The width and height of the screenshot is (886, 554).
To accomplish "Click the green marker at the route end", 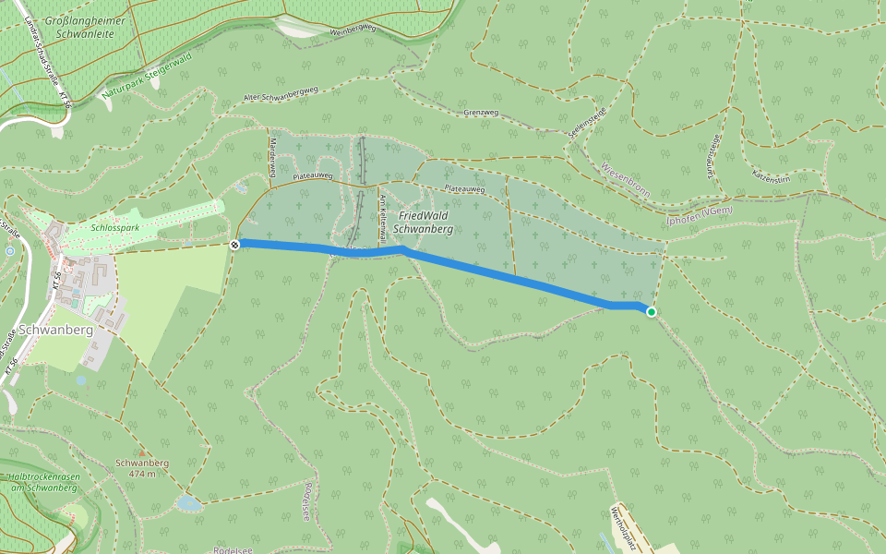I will (652, 312).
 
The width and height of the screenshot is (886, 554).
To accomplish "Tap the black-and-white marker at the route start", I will (235, 244).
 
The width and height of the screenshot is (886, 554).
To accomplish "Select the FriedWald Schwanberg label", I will (423, 222).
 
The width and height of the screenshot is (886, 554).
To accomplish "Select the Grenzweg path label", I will (481, 113).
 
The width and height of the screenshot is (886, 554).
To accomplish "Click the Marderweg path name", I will (273, 151).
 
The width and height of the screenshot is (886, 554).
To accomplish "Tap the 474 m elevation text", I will (141, 474).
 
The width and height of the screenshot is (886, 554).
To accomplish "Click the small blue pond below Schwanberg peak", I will (189, 504).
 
